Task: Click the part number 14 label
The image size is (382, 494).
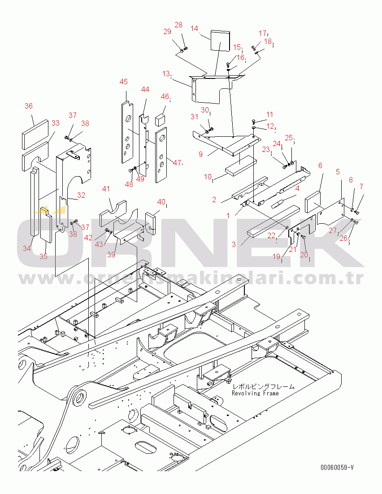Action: (x=194, y=28)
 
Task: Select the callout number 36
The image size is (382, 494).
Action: (x=29, y=106)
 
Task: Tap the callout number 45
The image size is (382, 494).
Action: (x=123, y=82)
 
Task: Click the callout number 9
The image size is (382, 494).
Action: (x=201, y=154)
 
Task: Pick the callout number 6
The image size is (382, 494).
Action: (x=320, y=165)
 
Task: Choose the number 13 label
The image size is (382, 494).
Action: (x=166, y=74)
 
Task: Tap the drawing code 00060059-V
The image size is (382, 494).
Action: (x=337, y=468)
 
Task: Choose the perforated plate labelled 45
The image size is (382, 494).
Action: (x=127, y=132)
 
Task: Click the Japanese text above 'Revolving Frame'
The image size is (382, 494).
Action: (x=263, y=386)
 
